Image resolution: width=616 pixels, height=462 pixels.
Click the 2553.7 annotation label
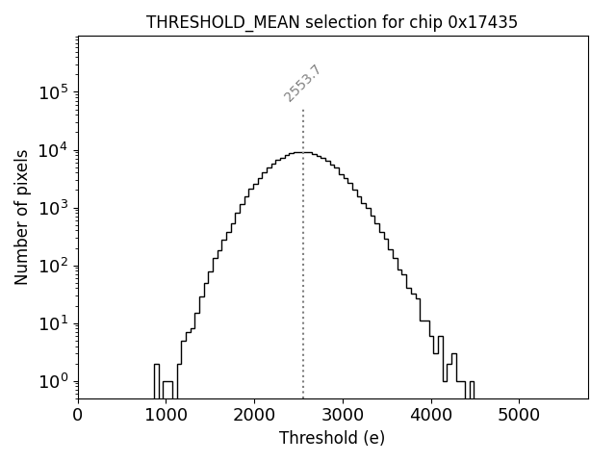(x=302, y=84)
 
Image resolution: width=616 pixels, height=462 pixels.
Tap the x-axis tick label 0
(x=78, y=416)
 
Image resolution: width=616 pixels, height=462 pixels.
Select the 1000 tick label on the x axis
(x=166, y=416)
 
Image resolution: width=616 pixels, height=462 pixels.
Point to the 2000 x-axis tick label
(x=254, y=416)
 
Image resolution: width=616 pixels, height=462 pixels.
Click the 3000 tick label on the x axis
(x=343, y=416)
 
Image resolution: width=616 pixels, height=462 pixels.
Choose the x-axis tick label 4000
(x=431, y=416)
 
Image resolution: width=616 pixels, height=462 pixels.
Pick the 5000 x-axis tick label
(x=520, y=416)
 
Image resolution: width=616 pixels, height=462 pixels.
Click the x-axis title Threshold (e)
(x=332, y=438)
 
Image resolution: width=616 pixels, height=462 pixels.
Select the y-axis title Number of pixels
(x=21, y=217)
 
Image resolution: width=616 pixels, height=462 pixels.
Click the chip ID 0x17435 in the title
(x=482, y=22)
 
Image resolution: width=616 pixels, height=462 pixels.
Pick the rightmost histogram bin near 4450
(x=471, y=388)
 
